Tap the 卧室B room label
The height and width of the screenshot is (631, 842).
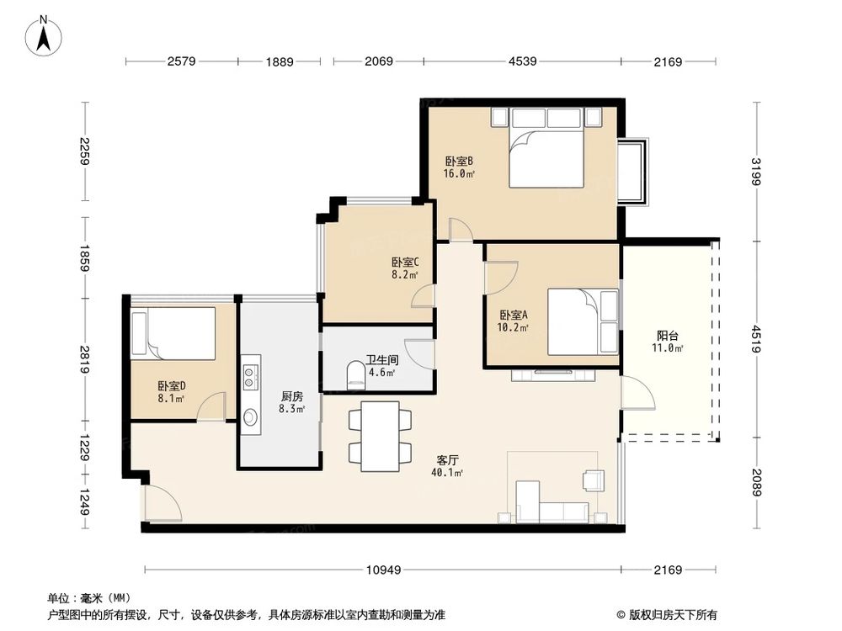click(459, 162)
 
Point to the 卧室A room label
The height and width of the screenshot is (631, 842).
click(513, 315)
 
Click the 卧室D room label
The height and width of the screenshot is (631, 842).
click(171, 386)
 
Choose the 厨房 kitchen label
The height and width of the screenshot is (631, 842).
click(292, 396)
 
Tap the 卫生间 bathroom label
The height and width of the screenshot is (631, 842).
click(382, 359)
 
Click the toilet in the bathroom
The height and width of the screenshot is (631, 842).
click(355, 376)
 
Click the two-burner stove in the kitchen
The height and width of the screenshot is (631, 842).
click(250, 376)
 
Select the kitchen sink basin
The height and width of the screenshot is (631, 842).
click(250, 416)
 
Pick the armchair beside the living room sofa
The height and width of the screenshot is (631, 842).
click(593, 480)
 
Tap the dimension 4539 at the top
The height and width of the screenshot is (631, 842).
click(522, 61)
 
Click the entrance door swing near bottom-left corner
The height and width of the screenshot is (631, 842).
click(160, 505)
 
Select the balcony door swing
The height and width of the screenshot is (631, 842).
click(637, 393)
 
